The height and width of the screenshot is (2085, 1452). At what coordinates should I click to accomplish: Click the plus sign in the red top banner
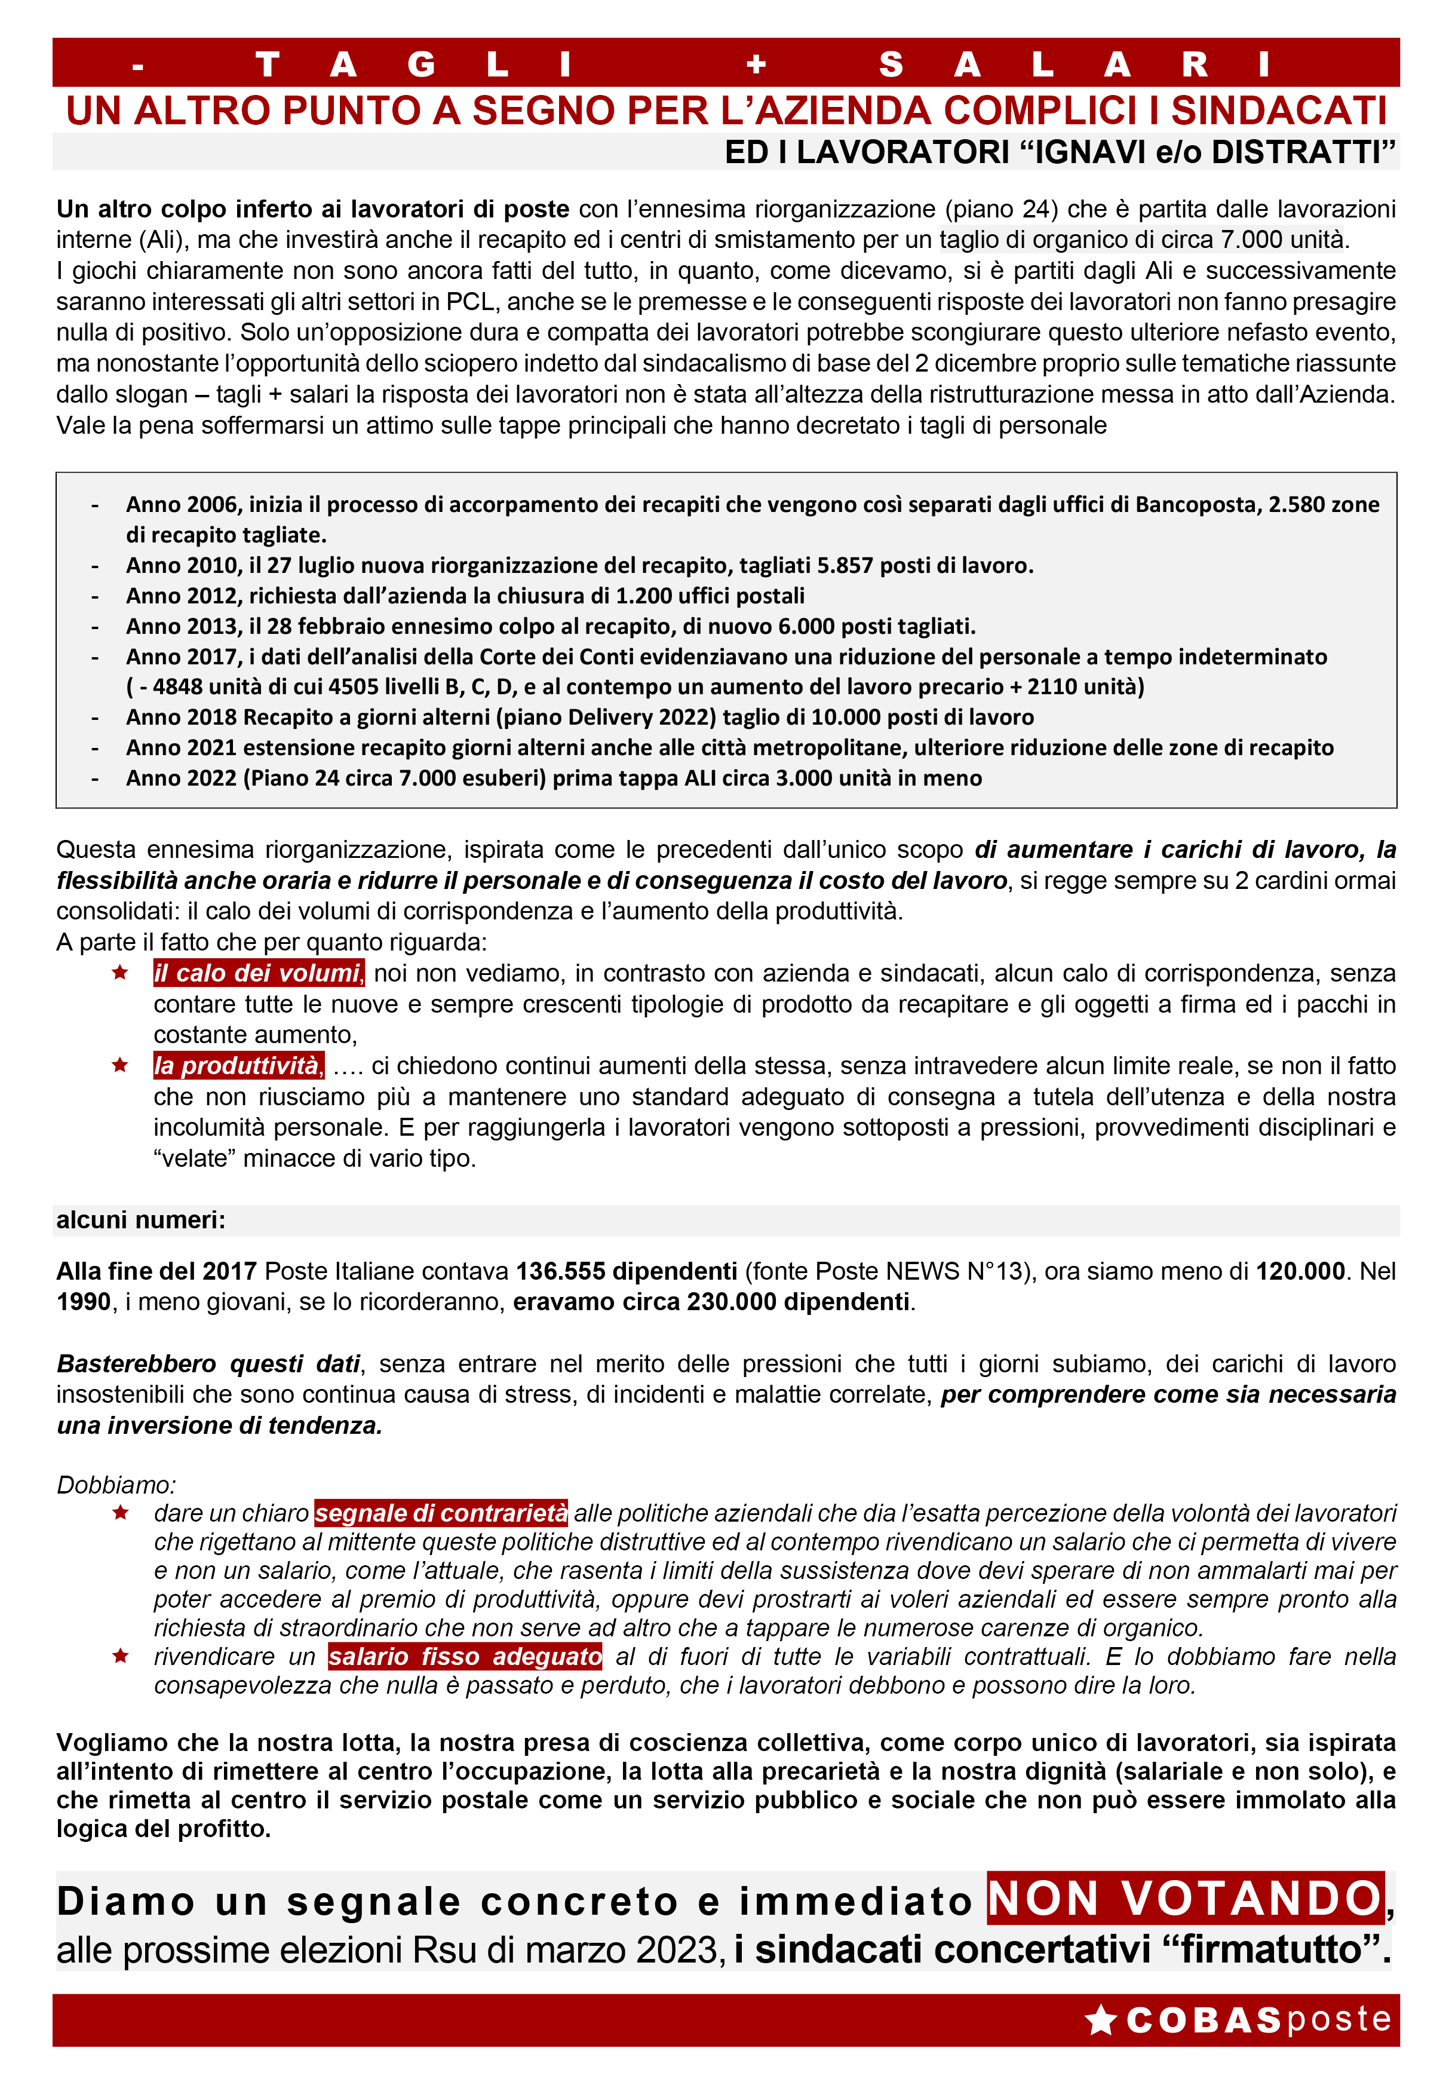[x=756, y=65]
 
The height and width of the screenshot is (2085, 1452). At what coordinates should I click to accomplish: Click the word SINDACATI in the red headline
[x=1279, y=111]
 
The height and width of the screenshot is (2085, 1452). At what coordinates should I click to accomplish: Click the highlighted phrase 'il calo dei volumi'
[x=258, y=973]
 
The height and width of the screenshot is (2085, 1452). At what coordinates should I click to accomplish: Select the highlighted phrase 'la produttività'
[x=238, y=1066]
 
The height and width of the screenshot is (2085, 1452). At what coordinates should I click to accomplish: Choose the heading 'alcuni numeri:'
[x=141, y=1219]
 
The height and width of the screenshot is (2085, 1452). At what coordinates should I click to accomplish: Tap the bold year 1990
[x=82, y=1302]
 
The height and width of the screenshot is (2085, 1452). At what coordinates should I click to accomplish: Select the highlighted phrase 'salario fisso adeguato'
[x=465, y=1657]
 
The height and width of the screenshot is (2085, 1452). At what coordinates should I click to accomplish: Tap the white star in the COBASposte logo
[x=1101, y=2020]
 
